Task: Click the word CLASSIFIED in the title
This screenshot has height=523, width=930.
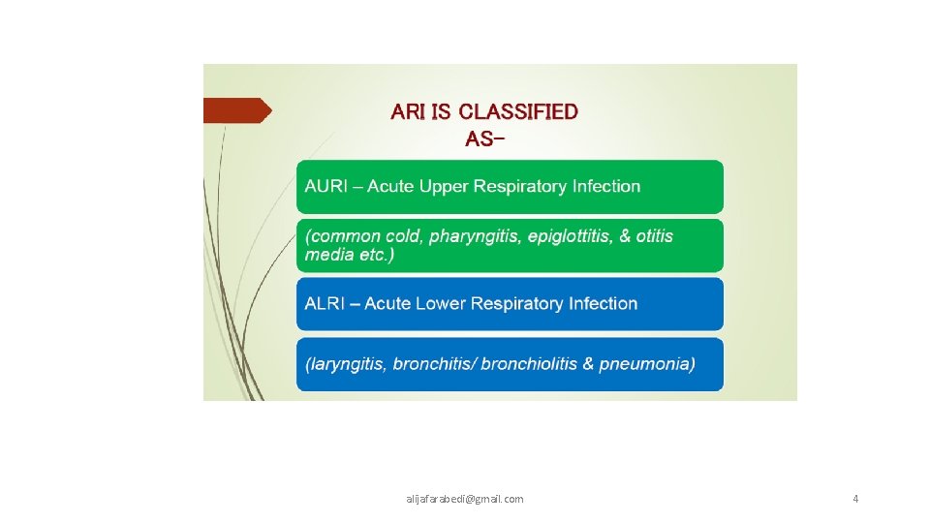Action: [518, 111]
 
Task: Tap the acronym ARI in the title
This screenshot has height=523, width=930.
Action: [408, 111]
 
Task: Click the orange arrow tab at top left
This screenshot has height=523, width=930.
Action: [236, 110]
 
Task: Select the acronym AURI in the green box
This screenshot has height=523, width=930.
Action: [326, 186]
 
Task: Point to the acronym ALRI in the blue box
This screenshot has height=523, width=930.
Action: [325, 303]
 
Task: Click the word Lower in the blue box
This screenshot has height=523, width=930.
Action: [442, 303]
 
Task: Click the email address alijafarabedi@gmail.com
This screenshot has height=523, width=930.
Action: [465, 499]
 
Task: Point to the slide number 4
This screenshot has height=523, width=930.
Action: [855, 499]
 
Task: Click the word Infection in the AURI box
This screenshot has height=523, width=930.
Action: [605, 186]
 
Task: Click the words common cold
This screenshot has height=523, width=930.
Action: [363, 236]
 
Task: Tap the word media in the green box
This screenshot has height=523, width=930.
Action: [325, 254]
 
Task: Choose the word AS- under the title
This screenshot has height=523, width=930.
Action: [484, 138]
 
